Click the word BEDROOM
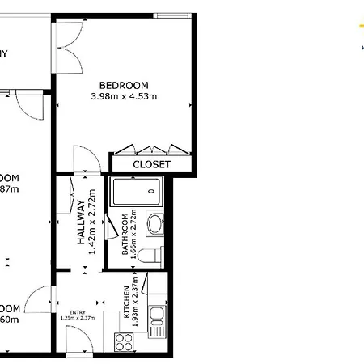tap(124, 85)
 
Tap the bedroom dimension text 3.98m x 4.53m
tap(124, 97)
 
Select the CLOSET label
tap(152, 164)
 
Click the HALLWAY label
tap(82, 229)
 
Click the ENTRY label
tap(78, 311)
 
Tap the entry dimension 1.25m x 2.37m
tap(78, 318)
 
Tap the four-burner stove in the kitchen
tap(125, 341)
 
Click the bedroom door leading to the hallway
tap(85, 159)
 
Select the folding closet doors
tap(151, 149)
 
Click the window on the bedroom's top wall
tap(172, 15)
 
